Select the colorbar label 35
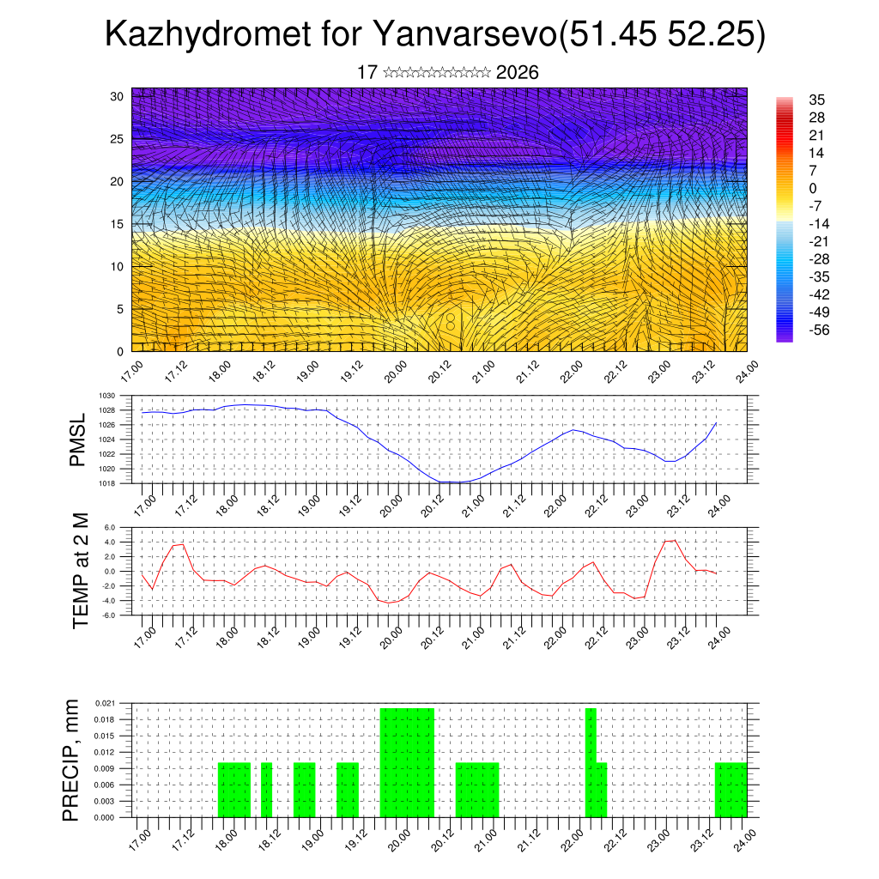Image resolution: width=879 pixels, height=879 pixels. (x=816, y=100)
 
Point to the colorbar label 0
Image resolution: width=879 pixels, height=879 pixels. (x=812, y=188)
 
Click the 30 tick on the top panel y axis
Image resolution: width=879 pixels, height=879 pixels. (x=117, y=96)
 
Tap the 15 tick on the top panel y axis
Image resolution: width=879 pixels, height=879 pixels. (x=117, y=224)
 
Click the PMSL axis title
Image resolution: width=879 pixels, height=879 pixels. (x=78, y=440)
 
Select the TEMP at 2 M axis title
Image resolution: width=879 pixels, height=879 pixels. (x=81, y=570)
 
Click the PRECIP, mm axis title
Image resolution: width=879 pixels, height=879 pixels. (x=72, y=760)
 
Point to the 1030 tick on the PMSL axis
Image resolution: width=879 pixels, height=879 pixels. (x=107, y=396)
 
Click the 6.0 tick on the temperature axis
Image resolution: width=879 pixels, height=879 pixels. (x=110, y=528)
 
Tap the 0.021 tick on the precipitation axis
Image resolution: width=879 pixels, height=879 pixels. (x=106, y=703)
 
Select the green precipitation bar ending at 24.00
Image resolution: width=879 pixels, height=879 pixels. (x=730, y=790)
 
